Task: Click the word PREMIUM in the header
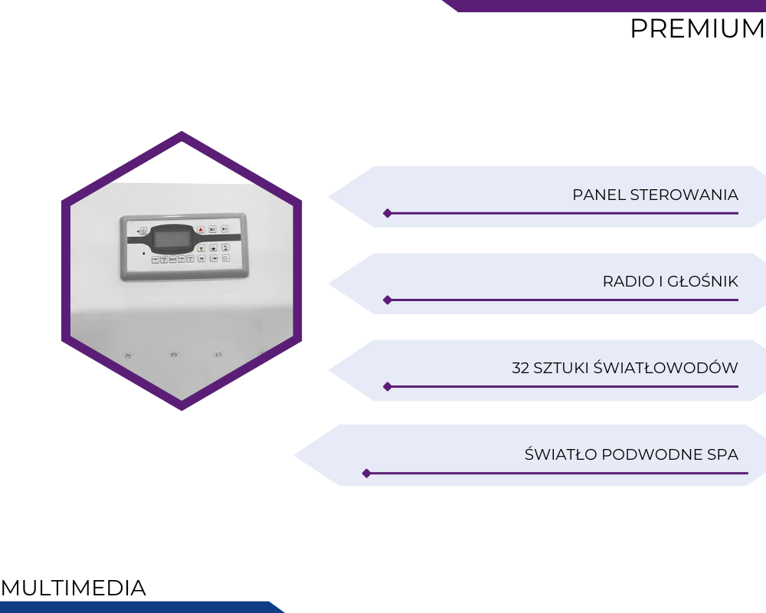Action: pyautogui.click(x=697, y=28)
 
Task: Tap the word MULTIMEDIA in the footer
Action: pyautogui.click(x=74, y=588)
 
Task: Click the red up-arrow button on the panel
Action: pyautogui.click(x=201, y=229)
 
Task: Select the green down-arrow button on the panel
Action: pyautogui.click(x=201, y=248)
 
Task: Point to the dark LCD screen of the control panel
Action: pyautogui.click(x=172, y=239)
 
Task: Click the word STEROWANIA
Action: pyautogui.click(x=684, y=195)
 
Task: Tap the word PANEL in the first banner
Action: pyautogui.click(x=599, y=195)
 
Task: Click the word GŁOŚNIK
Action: pyautogui.click(x=702, y=280)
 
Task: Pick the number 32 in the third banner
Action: pyautogui.click(x=520, y=368)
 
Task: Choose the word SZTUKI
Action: pyautogui.click(x=561, y=368)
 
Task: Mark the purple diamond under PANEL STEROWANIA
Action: pyautogui.click(x=388, y=213)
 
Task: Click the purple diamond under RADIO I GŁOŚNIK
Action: pyautogui.click(x=388, y=300)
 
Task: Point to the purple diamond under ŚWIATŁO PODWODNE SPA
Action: pyautogui.click(x=366, y=474)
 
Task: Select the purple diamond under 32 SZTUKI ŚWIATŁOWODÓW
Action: pyautogui.click(x=388, y=387)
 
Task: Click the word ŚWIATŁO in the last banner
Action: pyautogui.click(x=561, y=453)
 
